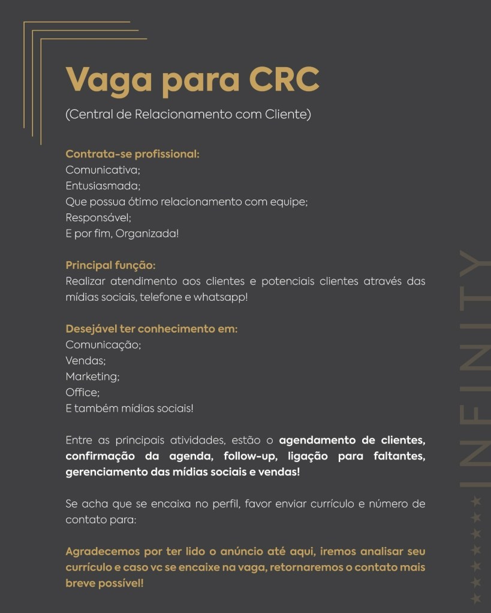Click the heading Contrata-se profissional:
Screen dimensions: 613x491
click(132, 154)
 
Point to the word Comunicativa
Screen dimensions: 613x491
click(103, 170)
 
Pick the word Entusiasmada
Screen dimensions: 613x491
click(103, 186)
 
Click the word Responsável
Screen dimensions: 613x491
click(98, 218)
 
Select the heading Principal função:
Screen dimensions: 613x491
click(110, 265)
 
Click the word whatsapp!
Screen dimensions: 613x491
click(220, 297)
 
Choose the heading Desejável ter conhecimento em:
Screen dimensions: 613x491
click(151, 328)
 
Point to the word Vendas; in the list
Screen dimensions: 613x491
click(85, 361)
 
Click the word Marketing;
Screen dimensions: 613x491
click(92, 376)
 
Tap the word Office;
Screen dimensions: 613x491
click(82, 392)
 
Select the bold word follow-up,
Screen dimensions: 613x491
click(246, 457)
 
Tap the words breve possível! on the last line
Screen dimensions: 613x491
click(104, 582)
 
